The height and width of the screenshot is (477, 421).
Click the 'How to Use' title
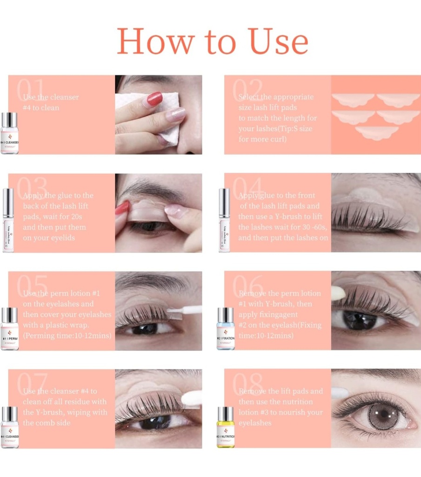[x=212, y=41]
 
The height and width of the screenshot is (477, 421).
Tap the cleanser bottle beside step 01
[x=9, y=133]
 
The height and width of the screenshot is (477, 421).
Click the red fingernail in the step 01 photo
[x=154, y=99]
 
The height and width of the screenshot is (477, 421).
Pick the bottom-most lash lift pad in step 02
[x=376, y=132]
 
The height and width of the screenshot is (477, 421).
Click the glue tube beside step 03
[x=8, y=220]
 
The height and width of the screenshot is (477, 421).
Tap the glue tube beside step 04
[x=224, y=220]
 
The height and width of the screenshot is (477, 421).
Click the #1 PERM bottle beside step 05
[x=9, y=328]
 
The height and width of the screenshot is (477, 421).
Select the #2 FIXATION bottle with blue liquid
[x=225, y=328]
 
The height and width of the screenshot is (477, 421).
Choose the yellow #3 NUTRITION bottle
[x=225, y=427]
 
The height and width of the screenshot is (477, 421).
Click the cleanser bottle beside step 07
[x=9, y=427]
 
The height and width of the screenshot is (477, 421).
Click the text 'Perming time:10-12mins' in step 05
[x=68, y=335]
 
